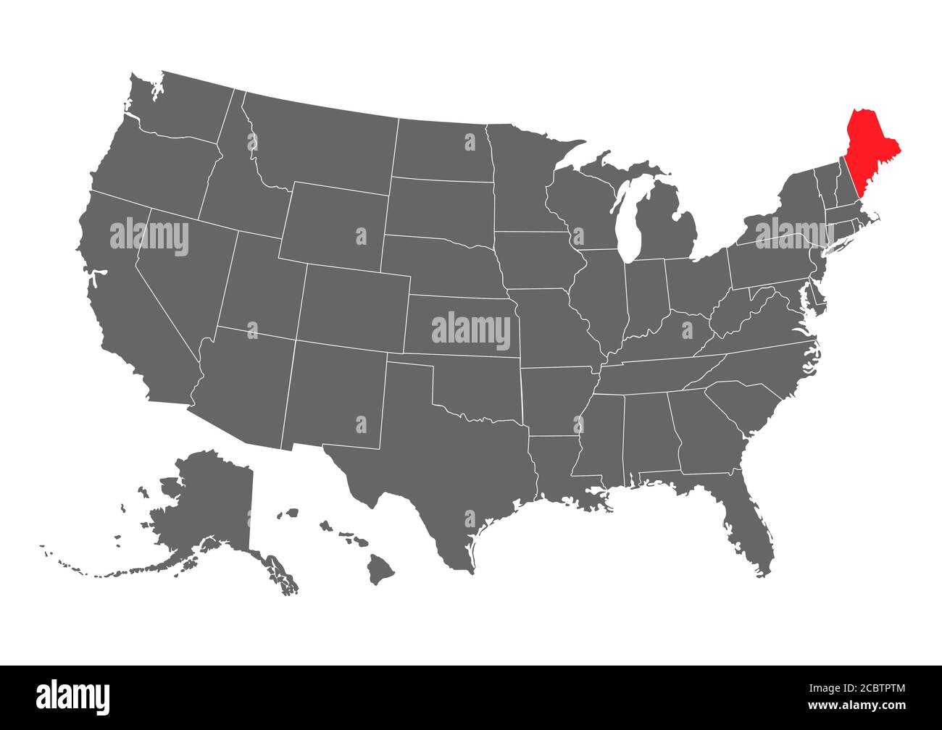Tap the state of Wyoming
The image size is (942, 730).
coord(333,225)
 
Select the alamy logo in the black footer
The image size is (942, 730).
coord(72,697)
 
